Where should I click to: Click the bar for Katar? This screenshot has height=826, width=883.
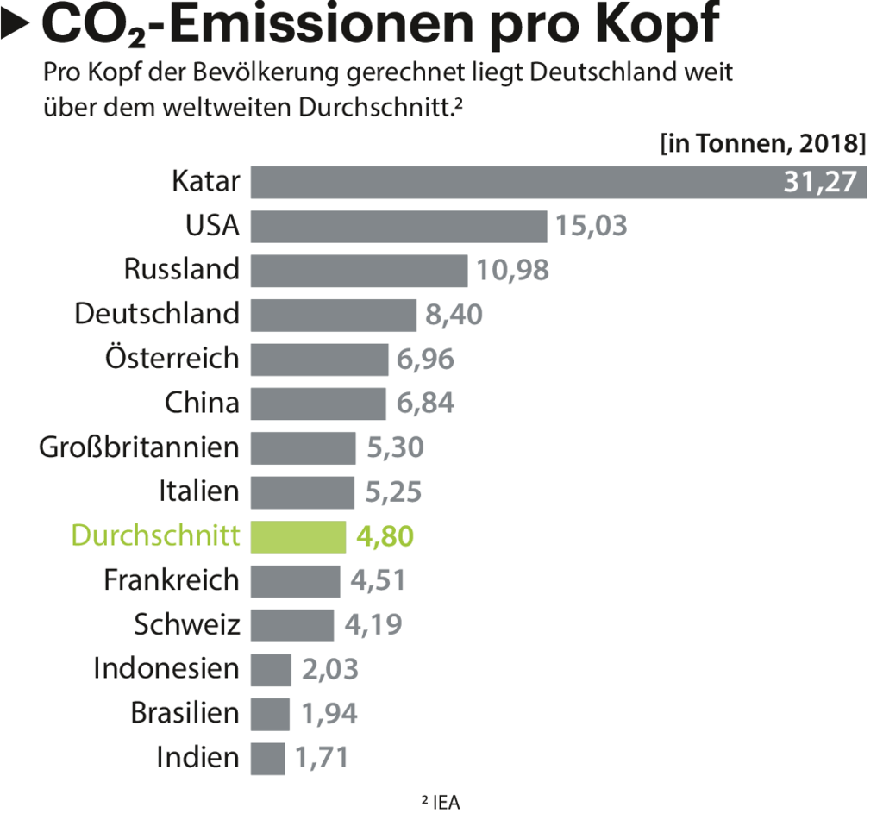[517, 182]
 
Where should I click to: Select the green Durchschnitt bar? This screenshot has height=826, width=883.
[298, 536]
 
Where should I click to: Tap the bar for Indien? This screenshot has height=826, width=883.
[267, 758]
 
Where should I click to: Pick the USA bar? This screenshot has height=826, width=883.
[398, 226]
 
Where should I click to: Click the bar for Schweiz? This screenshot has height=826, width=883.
[292, 625]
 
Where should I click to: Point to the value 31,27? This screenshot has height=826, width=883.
[819, 182]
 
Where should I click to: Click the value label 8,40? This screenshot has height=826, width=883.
[454, 315]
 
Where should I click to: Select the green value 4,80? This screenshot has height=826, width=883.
[384, 536]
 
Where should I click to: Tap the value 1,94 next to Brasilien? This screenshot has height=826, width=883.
[329, 714]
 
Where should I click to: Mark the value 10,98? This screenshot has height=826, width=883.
[512, 271]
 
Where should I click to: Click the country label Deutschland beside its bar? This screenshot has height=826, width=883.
[157, 313]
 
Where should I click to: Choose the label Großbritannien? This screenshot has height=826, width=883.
[139, 447]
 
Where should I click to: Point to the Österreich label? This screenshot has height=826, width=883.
[172, 357]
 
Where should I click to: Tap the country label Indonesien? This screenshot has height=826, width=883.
[166, 668]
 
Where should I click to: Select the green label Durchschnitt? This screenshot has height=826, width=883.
[155, 535]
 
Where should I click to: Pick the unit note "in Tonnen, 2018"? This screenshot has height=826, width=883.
[763, 142]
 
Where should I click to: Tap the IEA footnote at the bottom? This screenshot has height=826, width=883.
[441, 803]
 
